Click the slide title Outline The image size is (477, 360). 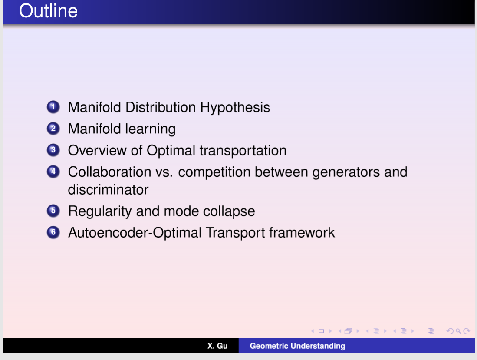(x=48, y=11)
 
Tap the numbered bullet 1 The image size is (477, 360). (x=53, y=107)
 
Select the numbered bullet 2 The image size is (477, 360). (x=53, y=129)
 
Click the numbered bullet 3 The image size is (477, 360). (x=53, y=150)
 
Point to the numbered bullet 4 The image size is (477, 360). (x=53, y=172)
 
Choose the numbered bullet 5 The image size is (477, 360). (x=53, y=211)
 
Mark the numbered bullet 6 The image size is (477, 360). (x=53, y=232)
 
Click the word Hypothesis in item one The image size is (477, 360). (x=235, y=108)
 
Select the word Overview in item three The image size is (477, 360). (x=97, y=150)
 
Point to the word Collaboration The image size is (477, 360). (x=109, y=172)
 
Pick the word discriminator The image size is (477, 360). (x=109, y=190)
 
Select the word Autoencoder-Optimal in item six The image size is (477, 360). (x=135, y=233)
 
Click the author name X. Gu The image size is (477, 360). (x=217, y=346)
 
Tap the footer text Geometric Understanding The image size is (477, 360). (x=297, y=346)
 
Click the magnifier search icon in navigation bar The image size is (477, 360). (x=458, y=331)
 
